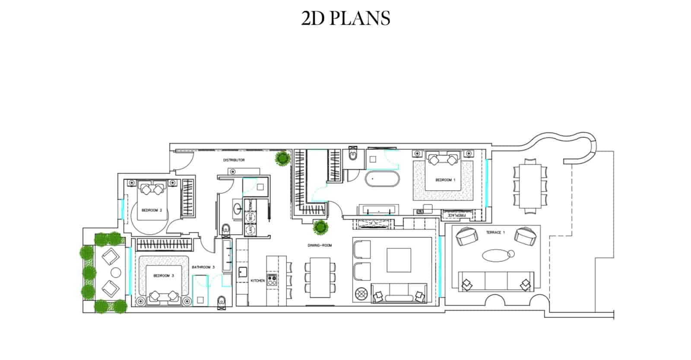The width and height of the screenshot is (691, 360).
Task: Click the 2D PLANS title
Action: (x=345, y=18)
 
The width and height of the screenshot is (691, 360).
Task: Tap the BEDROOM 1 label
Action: (x=445, y=180)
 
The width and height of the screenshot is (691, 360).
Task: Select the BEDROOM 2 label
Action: (x=152, y=210)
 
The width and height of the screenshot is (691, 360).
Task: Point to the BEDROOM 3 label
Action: (x=164, y=275)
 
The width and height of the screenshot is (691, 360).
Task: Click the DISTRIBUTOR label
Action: (x=234, y=160)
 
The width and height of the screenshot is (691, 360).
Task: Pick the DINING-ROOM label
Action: (x=320, y=245)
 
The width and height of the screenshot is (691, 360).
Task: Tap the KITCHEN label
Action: (x=257, y=281)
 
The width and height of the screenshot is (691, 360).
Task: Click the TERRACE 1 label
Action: (x=495, y=233)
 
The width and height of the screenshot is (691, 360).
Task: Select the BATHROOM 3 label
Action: (x=203, y=267)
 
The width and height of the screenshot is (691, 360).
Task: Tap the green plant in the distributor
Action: (x=282, y=158)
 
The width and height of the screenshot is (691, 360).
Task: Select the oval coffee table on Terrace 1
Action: (x=498, y=255)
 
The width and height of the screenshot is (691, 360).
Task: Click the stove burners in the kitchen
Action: (x=272, y=280)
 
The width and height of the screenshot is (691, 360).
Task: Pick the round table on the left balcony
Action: (x=116, y=273)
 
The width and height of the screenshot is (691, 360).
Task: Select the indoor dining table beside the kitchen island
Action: (x=320, y=277)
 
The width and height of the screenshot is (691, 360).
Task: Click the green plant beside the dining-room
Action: (x=320, y=226)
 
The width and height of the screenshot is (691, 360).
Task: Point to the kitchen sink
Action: (x=242, y=272)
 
